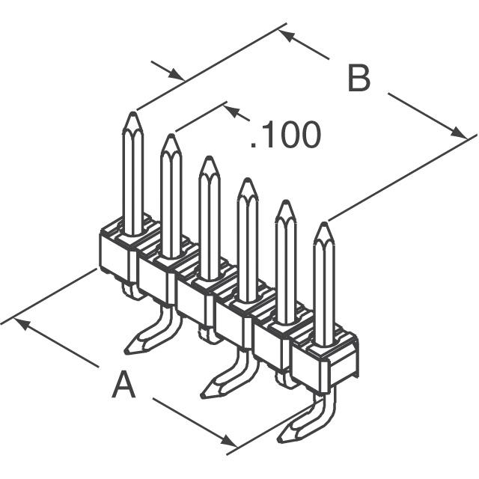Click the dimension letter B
[359, 78]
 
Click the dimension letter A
[123, 384]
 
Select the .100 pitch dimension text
[286, 135]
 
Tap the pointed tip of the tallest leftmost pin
[133, 112]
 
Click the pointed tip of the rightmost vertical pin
[324, 223]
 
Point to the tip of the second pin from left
[171, 135]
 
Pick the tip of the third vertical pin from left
[209, 157]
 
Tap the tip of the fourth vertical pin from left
[248, 179]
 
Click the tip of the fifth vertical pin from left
[286, 201]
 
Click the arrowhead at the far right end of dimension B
[460, 133]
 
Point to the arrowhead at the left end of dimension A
[22, 324]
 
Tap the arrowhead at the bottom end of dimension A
[228, 442]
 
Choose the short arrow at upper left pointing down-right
[168, 70]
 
